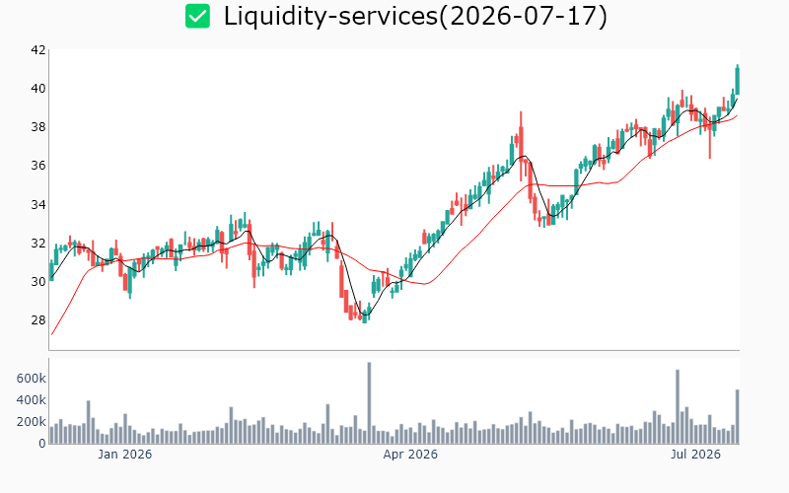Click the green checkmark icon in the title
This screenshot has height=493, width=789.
(198, 16)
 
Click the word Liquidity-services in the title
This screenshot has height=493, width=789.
(330, 16)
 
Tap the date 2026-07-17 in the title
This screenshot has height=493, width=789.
(524, 16)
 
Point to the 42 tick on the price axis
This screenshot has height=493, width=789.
(38, 50)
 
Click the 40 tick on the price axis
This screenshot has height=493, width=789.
(38, 89)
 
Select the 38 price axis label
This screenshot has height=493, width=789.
(38, 127)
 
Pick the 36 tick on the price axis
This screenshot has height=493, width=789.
(38, 166)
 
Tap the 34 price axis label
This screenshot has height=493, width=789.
(38, 204)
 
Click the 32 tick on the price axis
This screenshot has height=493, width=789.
(38, 243)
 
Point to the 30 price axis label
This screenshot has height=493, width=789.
(38, 282)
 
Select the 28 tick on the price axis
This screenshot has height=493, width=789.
(38, 319)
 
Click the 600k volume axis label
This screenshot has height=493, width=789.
(32, 379)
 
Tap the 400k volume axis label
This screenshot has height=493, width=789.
(32, 400)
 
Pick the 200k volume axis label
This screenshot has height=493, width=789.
(32, 422)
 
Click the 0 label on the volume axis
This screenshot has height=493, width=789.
(42, 444)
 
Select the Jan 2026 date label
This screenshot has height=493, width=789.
(125, 455)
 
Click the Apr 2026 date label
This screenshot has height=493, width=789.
(410, 455)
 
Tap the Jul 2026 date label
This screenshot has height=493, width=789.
(696, 455)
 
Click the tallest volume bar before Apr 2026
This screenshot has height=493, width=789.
(369, 403)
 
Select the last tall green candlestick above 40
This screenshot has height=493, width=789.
(738, 81)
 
